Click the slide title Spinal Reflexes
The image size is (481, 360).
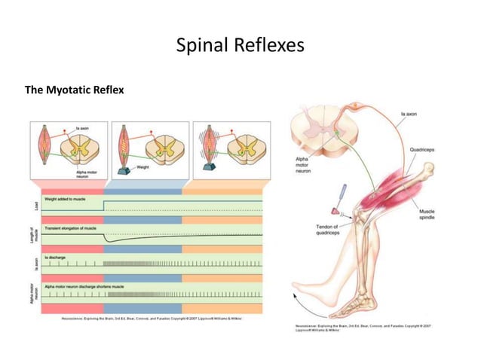point(240,46)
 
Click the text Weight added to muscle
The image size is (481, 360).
point(68,200)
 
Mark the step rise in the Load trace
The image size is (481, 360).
point(103,206)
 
